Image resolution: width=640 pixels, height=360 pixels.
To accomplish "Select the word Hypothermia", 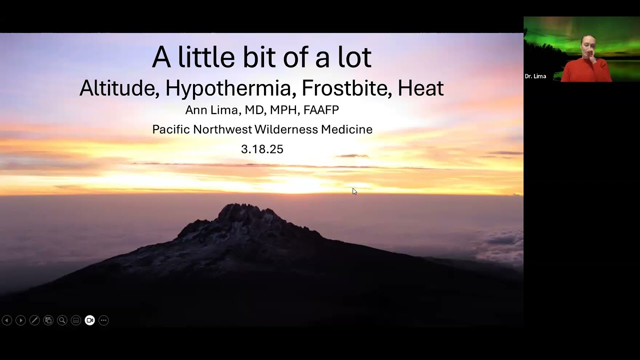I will coord(228,88).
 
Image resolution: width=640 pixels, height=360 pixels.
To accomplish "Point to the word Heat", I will coord(420,88).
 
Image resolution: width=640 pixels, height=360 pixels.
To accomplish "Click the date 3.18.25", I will coord(262,149).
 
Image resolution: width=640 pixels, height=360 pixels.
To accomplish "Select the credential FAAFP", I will coord(320,110).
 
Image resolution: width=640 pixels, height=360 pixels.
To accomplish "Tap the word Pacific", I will coord(171,129).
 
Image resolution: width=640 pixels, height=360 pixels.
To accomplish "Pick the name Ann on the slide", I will coord(195,110).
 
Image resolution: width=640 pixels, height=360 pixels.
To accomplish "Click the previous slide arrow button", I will coord(7,320).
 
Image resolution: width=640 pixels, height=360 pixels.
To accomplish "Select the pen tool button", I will coord(34,320).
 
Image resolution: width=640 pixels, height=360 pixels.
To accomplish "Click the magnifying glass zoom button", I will coord(62,320).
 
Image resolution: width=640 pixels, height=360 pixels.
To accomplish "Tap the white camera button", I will coord(89,320).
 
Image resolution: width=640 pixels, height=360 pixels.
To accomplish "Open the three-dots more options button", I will coord(103,320).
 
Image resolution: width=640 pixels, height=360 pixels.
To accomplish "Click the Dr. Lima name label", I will coord(535,76).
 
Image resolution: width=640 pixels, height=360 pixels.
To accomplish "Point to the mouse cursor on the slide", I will coord(354,191).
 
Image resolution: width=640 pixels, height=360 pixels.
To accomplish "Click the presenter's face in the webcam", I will coord(587,46).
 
